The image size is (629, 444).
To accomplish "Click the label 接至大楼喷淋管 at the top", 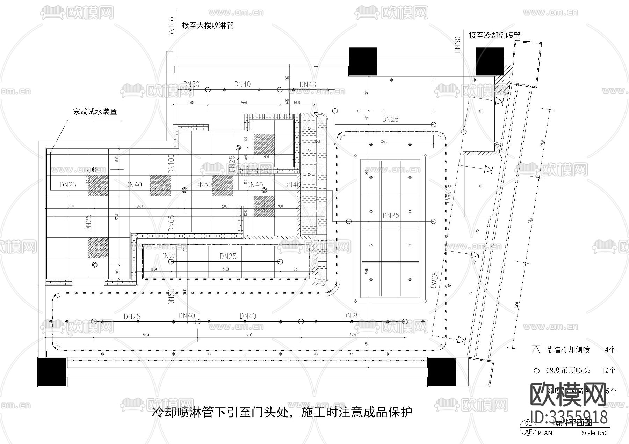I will [208, 25].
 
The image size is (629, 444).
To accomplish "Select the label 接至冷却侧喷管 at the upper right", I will [494, 35].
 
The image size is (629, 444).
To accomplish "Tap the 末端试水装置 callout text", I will [95, 112].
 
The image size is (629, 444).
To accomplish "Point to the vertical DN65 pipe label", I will [171, 223].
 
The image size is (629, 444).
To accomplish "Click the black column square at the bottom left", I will [52, 372].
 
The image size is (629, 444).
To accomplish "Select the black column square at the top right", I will [490, 61].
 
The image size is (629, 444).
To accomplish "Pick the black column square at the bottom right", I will [442, 372].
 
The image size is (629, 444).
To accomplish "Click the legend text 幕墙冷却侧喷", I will [568, 350].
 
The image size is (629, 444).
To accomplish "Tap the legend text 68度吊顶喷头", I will [568, 370].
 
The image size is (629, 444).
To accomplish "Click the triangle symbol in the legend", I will [536, 349].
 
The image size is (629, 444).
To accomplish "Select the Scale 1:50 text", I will [594, 433].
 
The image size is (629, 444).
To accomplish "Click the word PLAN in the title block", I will [545, 433].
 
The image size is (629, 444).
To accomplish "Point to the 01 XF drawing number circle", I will [528, 427].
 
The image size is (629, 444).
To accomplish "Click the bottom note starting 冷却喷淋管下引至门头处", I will [282, 412].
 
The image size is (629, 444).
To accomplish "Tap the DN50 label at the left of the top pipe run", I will [191, 84].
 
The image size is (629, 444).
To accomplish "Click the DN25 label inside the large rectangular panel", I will [390, 215].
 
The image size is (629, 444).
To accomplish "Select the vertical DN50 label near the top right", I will [458, 45].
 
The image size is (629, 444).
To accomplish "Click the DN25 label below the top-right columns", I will [390, 119].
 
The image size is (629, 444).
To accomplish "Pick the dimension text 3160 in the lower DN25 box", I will [225, 269].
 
